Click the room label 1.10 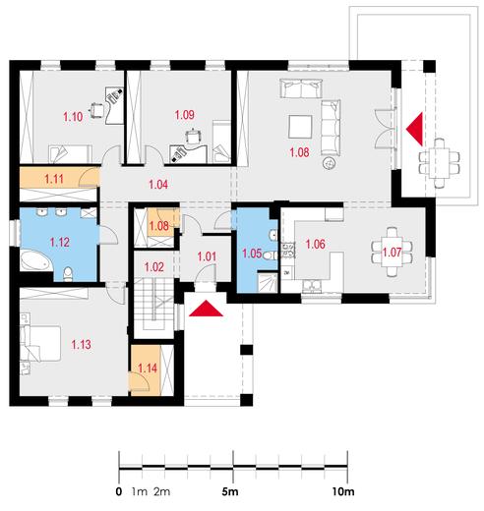tap(73, 117)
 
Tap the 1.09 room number tap(184, 115)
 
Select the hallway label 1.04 tap(158, 185)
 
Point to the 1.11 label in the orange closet tap(54, 179)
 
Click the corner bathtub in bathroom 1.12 tap(35, 261)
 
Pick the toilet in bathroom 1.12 tap(68, 274)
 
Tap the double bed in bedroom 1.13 tap(40, 343)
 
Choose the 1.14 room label tap(148, 369)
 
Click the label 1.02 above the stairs tap(154, 267)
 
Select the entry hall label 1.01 tap(207, 256)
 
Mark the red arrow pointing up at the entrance tap(206, 309)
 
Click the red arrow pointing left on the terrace tap(414, 129)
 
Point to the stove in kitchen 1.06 tap(288, 250)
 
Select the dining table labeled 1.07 tap(392, 253)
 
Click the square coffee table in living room tap(300, 127)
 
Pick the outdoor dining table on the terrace tap(439, 163)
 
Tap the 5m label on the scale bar tap(230, 491)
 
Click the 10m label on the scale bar tap(343, 491)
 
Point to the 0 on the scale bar tap(119, 491)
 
